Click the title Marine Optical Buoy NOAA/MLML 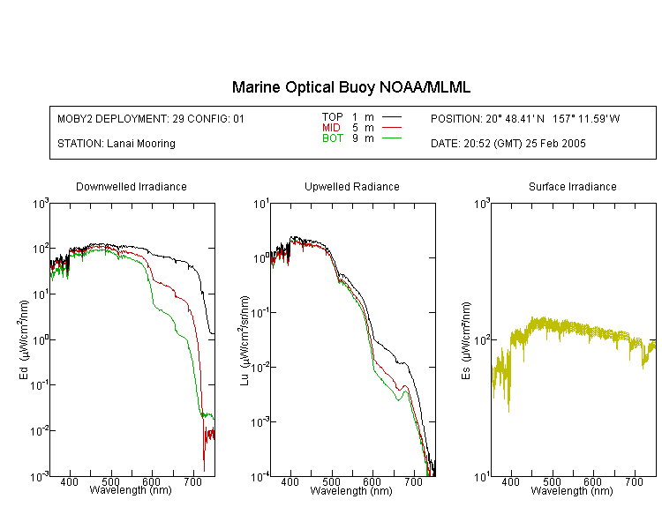pyautogui.click(x=350, y=87)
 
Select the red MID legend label pyautogui.click(x=331, y=127)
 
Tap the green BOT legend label pyautogui.click(x=332, y=138)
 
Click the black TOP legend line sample pyautogui.click(x=392, y=117)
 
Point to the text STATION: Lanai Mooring pyautogui.click(x=117, y=144)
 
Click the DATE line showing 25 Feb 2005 pyautogui.click(x=508, y=144)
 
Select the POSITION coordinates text pyautogui.click(x=525, y=119)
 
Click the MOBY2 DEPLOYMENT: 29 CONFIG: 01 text pyautogui.click(x=151, y=119)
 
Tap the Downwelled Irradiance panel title pyautogui.click(x=132, y=186)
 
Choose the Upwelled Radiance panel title pyautogui.click(x=352, y=186)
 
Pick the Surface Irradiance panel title pyautogui.click(x=573, y=186)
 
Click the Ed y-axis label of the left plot pyautogui.click(x=24, y=339)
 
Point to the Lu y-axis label pyautogui.click(x=244, y=341)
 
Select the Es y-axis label pyautogui.click(x=465, y=341)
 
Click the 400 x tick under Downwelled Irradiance pyautogui.click(x=69, y=481)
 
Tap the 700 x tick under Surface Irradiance pyautogui.click(x=634, y=481)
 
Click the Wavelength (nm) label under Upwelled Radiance pyautogui.click(x=350, y=491)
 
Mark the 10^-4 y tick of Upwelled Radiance pyautogui.click(x=260, y=477)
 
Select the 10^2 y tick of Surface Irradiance pyautogui.click(x=481, y=339)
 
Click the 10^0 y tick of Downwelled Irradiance pyautogui.click(x=41, y=339)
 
